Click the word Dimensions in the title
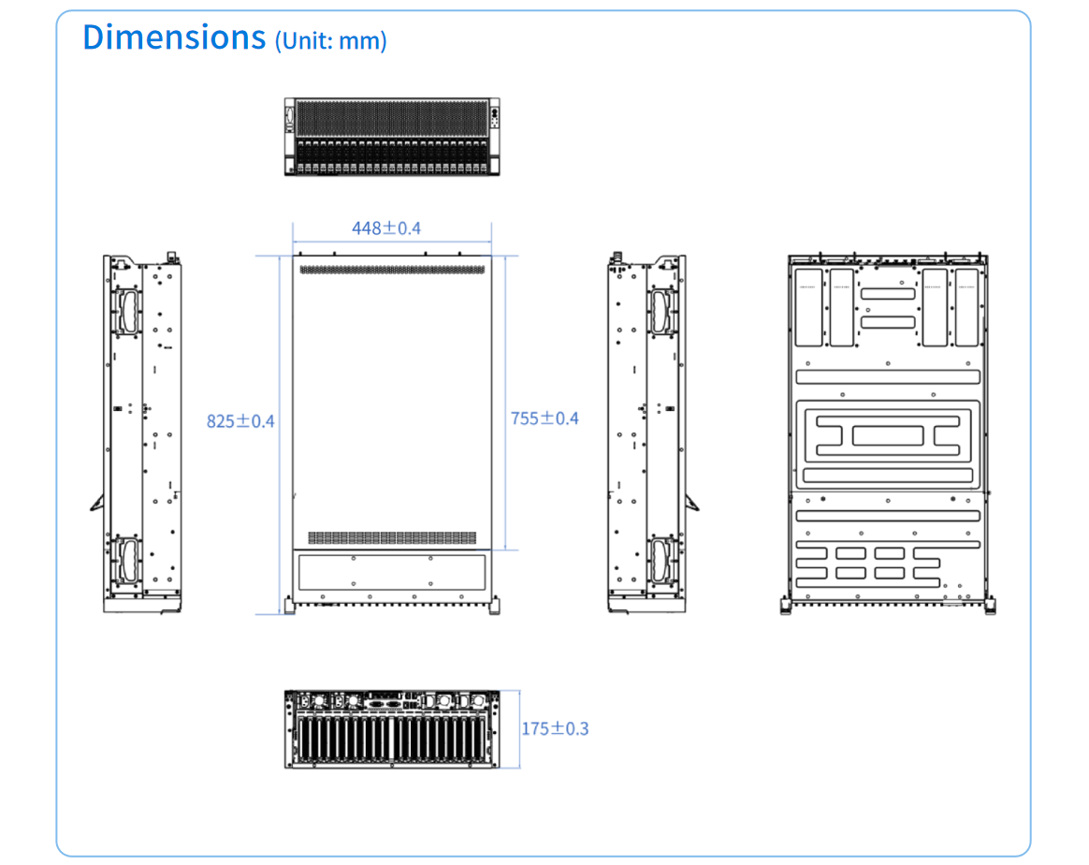174,37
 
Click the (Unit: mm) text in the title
330,40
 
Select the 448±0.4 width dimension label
386,228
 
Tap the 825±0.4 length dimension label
240,421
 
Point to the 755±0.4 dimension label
544,418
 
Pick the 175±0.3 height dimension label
555,728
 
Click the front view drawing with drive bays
392,137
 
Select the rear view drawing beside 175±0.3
392,729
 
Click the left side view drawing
141,433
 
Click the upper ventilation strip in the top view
392,270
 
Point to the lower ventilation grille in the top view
392,538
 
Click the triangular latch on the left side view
98,502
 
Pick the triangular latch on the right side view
691,502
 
